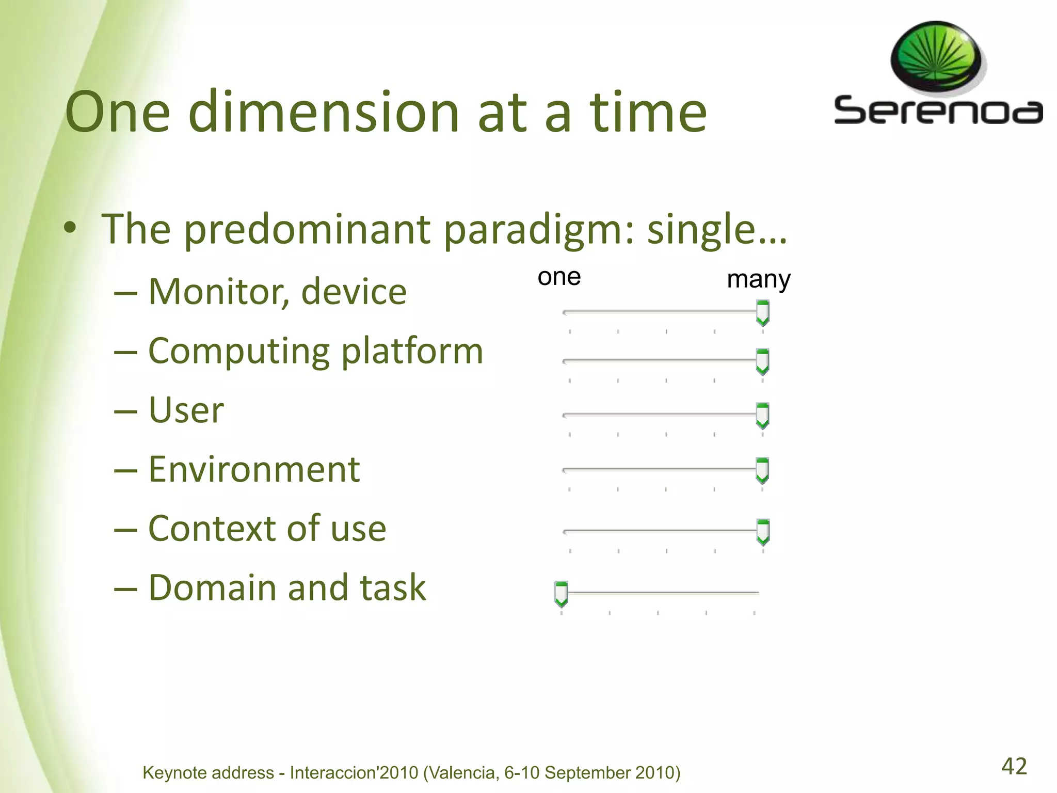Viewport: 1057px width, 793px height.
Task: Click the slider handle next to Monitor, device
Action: tap(762, 313)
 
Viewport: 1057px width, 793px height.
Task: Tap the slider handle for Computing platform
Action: tap(762, 361)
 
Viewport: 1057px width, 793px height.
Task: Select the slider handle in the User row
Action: tap(762, 416)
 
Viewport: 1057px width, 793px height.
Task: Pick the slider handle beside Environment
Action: tap(762, 470)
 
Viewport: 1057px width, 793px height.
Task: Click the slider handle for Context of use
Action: tap(762, 532)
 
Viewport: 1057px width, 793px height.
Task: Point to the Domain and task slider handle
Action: tap(561, 594)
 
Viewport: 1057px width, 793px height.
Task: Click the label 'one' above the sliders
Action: tap(559, 277)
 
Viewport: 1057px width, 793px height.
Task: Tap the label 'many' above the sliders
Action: tap(758, 280)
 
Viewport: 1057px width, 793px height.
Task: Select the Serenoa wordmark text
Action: tap(938, 110)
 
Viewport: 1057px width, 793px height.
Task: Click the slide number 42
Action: tap(1014, 766)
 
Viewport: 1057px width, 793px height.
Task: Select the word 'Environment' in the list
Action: tap(254, 470)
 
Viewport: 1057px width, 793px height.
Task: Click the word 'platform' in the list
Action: tap(412, 351)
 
